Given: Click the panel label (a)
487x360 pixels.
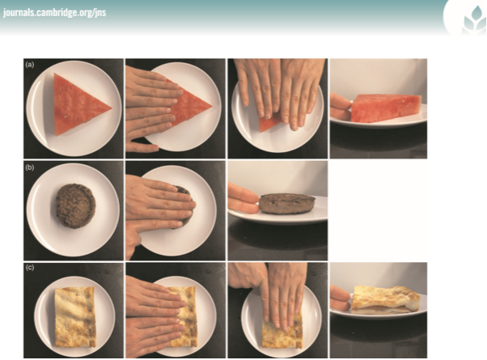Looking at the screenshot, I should click(x=30, y=65).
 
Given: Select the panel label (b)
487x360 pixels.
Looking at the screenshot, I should click(x=30, y=167).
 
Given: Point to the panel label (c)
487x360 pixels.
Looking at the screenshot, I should click(x=30, y=269).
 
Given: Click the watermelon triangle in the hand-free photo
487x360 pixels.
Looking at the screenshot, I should click(x=78, y=105).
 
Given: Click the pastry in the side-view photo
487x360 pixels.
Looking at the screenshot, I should click(x=387, y=301).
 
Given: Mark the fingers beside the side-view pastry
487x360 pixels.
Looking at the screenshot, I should click(x=340, y=301).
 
